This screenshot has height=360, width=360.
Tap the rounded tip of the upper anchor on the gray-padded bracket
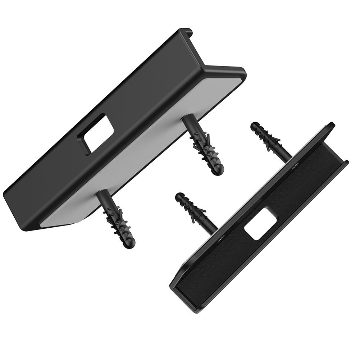217,169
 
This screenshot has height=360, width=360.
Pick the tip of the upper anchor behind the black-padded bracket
254,126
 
